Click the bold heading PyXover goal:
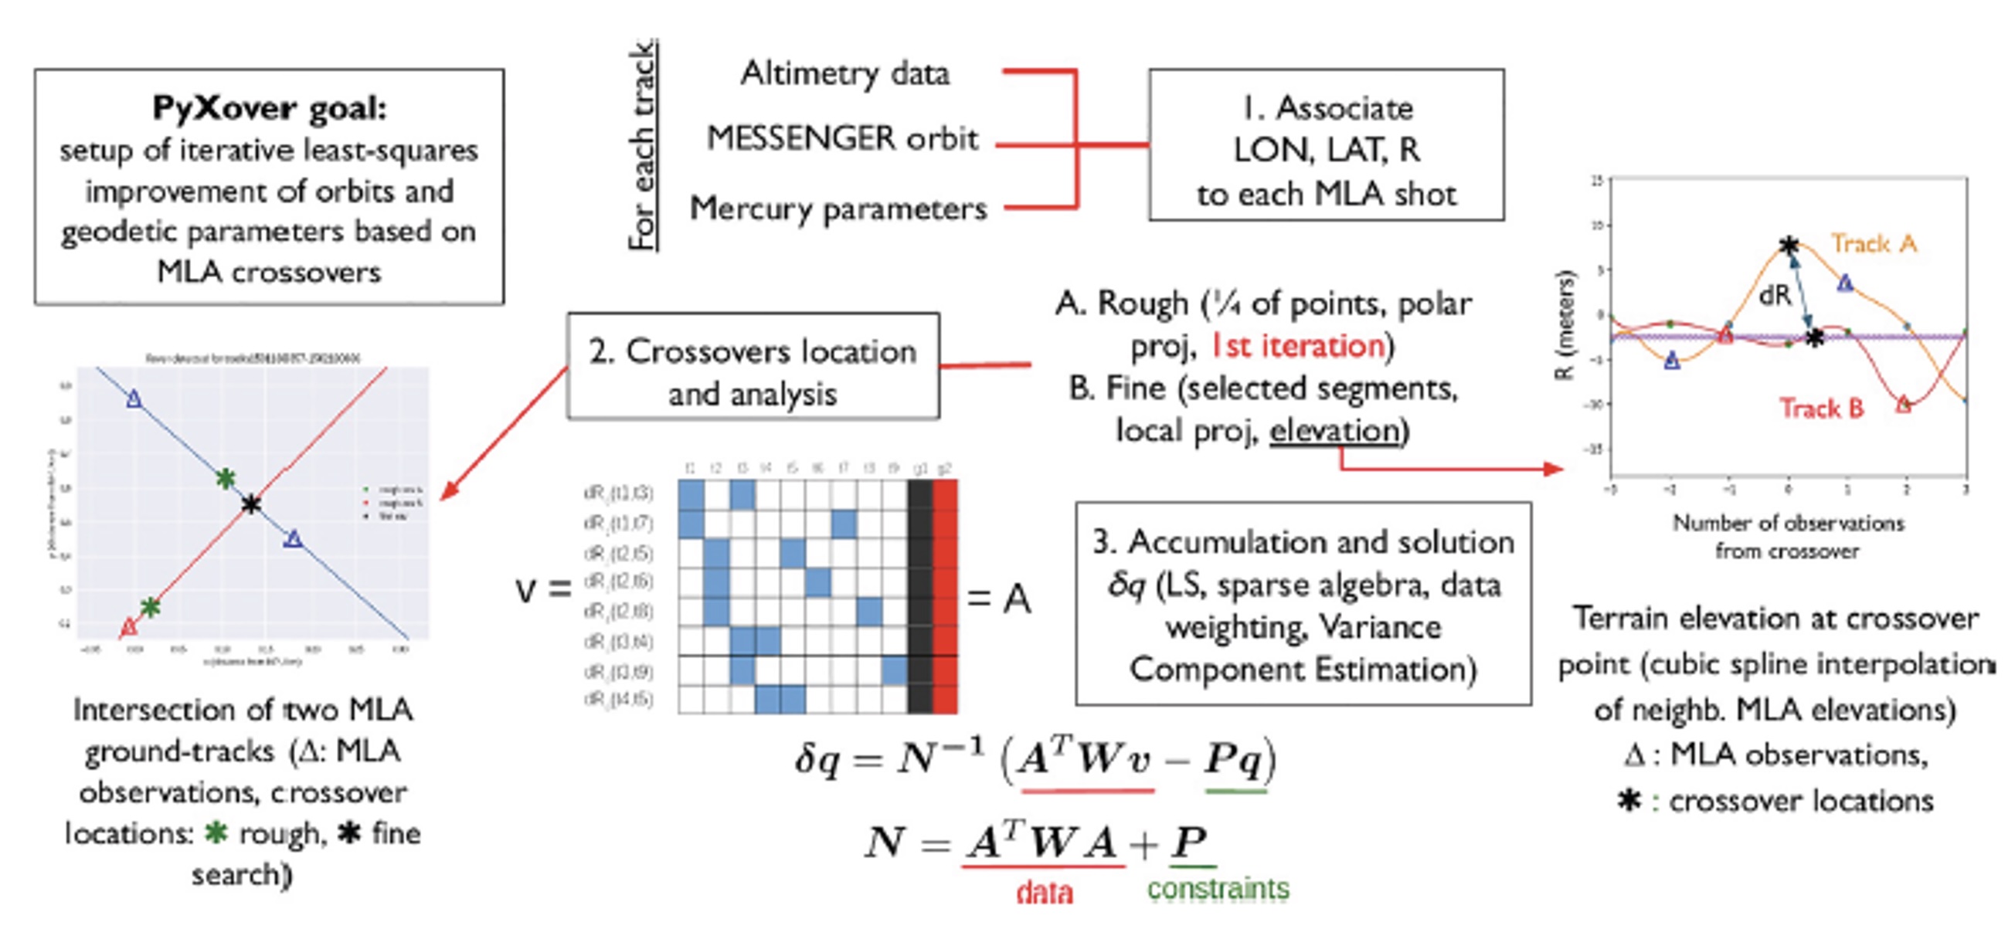click(x=269, y=108)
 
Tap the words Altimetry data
click(x=844, y=74)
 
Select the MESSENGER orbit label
click(x=841, y=139)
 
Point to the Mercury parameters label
click(x=838, y=209)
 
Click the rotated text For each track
click(x=642, y=145)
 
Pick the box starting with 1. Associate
click(x=1326, y=145)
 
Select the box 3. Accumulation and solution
click(x=1303, y=605)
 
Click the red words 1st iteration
click(x=1298, y=346)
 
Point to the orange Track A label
click(x=1874, y=244)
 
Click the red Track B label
click(x=1821, y=409)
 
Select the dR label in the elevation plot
click(x=1775, y=295)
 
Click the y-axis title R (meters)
click(x=1565, y=324)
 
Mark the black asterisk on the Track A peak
click(x=1788, y=246)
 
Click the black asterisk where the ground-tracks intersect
click(x=250, y=504)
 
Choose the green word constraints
click(x=1218, y=889)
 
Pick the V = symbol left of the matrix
click(x=543, y=590)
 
